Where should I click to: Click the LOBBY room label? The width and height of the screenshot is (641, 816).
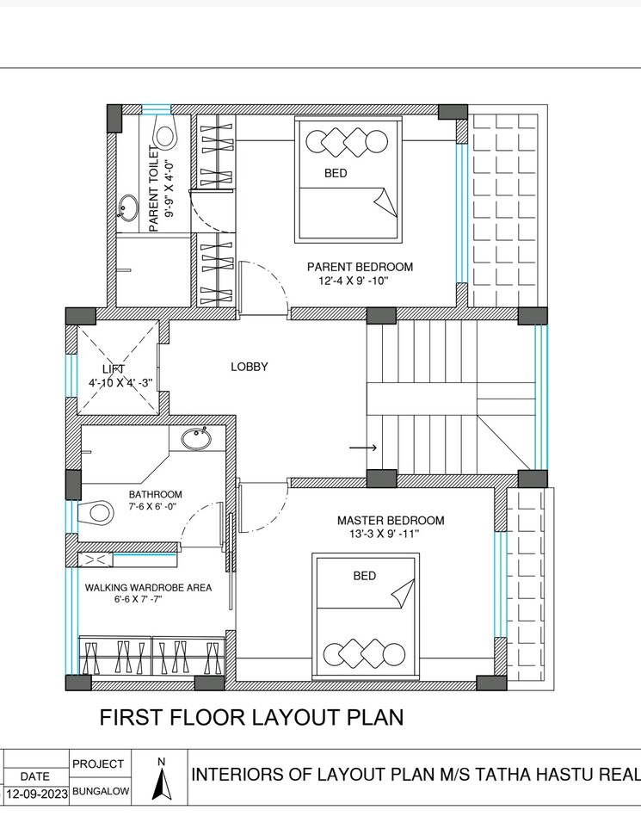pyautogui.click(x=250, y=367)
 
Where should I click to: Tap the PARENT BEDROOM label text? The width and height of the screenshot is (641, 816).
pyautogui.click(x=360, y=267)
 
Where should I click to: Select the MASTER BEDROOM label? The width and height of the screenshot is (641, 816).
pyautogui.click(x=391, y=520)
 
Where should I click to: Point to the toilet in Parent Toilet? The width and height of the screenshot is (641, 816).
pyautogui.click(x=163, y=133)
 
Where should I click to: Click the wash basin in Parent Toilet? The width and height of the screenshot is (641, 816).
pyautogui.click(x=127, y=207)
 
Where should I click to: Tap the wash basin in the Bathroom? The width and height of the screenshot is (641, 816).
pyautogui.click(x=196, y=439)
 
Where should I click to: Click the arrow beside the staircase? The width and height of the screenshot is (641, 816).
pyautogui.click(x=363, y=448)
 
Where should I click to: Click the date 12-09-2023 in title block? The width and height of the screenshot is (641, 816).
pyautogui.click(x=36, y=792)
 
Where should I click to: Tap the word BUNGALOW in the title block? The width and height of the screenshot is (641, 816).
pyautogui.click(x=101, y=790)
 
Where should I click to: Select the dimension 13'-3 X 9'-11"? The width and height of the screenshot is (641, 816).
pyautogui.click(x=379, y=535)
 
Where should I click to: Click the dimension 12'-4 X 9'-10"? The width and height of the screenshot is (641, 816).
pyautogui.click(x=354, y=281)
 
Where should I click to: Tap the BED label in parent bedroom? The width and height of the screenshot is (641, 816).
pyautogui.click(x=336, y=173)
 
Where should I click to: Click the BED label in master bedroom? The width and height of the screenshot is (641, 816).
pyautogui.click(x=365, y=576)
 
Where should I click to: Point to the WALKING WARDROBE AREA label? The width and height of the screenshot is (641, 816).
pyautogui.click(x=148, y=587)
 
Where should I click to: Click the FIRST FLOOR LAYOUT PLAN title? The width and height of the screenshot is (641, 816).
pyautogui.click(x=251, y=716)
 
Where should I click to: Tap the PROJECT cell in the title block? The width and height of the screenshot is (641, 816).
pyautogui.click(x=100, y=763)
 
